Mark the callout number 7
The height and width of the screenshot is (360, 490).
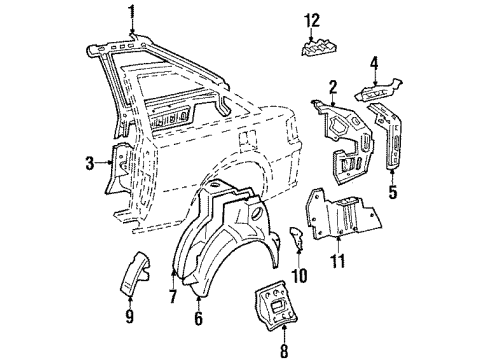pyautogui.click(x=174, y=295)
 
